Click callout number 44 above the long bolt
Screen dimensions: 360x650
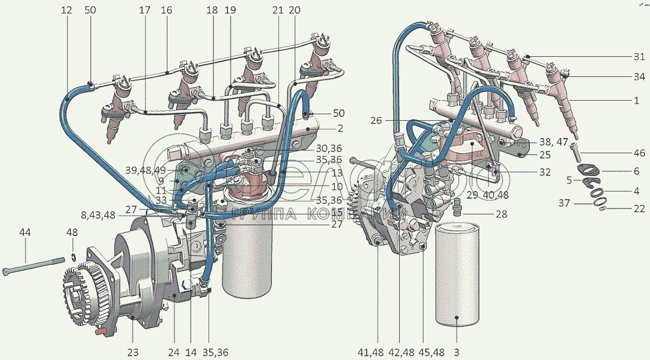[x=25, y=232]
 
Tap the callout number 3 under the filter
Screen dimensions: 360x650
[x=456, y=352]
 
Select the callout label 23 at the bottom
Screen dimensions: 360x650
[x=133, y=352]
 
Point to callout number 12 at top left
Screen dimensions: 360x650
[x=66, y=10]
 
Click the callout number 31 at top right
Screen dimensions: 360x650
[x=639, y=57]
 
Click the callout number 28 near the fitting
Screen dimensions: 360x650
[x=501, y=214]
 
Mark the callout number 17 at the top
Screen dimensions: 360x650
[x=144, y=10]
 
